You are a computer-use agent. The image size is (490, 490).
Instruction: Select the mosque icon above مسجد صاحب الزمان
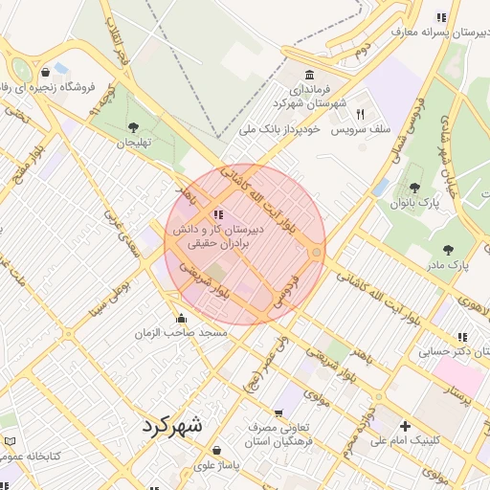click(181, 319)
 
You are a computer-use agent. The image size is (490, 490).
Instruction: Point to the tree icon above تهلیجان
click(133, 127)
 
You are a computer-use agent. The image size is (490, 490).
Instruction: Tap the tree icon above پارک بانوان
click(414, 188)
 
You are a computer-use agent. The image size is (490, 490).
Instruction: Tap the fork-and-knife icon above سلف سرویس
click(360, 114)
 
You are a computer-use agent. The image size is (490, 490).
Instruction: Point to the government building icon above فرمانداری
click(308, 76)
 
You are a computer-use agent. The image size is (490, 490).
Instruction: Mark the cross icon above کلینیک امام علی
click(405, 426)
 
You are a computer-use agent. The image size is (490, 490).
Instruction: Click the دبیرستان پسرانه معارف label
click(432, 32)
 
